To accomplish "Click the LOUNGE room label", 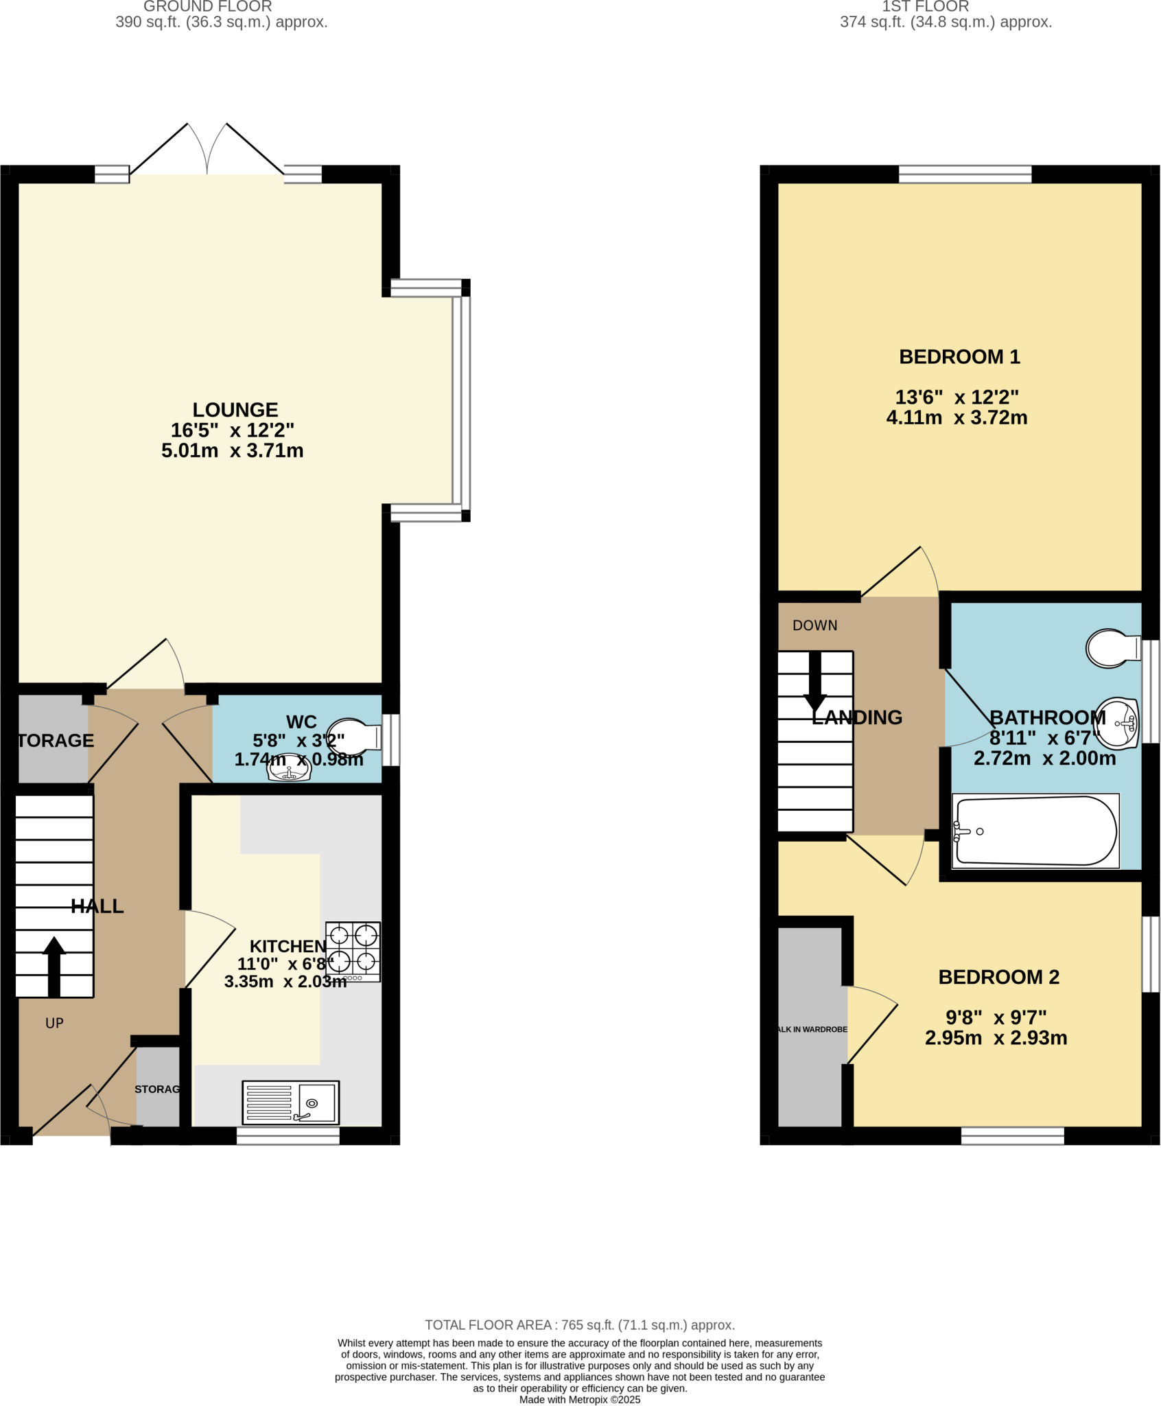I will [235, 410].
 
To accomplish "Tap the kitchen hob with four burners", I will [353, 952].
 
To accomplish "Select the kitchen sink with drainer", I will [290, 1102].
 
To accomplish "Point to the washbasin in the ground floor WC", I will [289, 768].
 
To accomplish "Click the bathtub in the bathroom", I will [1035, 831].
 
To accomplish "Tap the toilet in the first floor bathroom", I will [1112, 648].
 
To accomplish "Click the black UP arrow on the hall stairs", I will [54, 966].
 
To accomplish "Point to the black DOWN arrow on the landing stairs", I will [814, 682].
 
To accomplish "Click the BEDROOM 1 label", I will [959, 357].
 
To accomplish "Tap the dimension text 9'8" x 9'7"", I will [996, 1017].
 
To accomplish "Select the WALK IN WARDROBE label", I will [812, 1030].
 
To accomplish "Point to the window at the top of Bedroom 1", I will [965, 174].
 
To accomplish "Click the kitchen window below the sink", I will [288, 1136].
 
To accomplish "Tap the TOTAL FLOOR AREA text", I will [579, 1325].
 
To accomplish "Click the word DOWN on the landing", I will [814, 625].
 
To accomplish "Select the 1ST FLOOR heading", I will [925, 7].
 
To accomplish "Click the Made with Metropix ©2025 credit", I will [579, 1399].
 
